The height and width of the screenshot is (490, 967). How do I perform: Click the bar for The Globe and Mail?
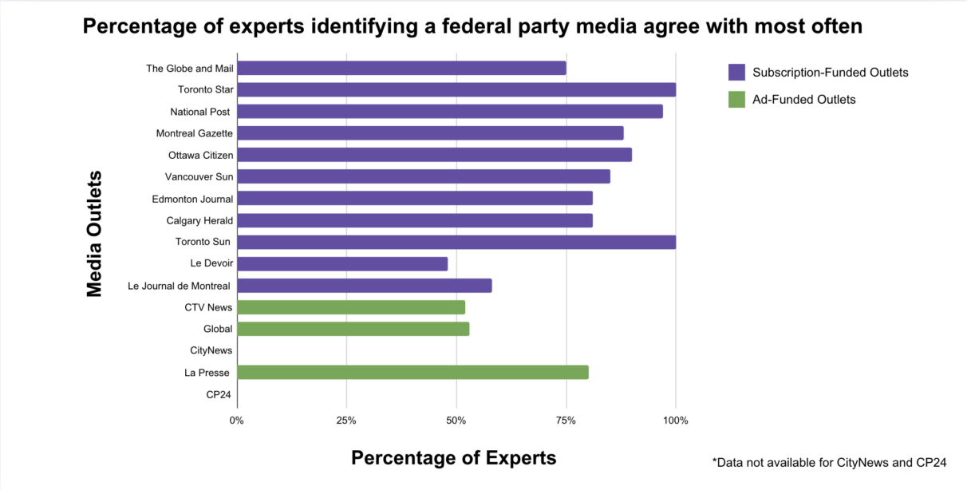[x=401, y=68]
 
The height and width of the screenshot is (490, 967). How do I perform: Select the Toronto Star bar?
[x=456, y=89]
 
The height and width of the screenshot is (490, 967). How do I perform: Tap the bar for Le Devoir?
[x=342, y=263]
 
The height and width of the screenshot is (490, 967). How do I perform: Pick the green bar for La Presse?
[x=412, y=372]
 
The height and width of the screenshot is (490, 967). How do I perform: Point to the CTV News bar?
[x=351, y=307]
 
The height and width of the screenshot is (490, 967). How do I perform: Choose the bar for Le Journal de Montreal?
[x=365, y=286]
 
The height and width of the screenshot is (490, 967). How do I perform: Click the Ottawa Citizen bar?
[x=434, y=155]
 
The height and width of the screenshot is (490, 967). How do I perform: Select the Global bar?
[x=353, y=329]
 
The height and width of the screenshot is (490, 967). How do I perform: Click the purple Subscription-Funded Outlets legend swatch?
[x=736, y=73]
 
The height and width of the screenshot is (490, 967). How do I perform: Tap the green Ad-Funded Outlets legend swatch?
[x=736, y=100]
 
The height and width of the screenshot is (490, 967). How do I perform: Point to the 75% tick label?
[x=566, y=421]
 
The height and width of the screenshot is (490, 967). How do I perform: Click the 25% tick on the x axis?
[x=346, y=421]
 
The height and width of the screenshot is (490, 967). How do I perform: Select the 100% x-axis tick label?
[x=675, y=421]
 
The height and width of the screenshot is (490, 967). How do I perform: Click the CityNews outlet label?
[x=211, y=350]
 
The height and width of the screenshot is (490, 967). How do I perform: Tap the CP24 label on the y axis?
[x=219, y=394]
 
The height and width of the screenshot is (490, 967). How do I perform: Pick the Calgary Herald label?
[x=199, y=220]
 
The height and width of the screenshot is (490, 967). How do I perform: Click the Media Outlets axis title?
[x=95, y=233]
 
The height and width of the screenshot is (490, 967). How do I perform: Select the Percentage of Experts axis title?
[x=453, y=458]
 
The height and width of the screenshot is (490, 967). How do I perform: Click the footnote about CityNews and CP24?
[x=829, y=462]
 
